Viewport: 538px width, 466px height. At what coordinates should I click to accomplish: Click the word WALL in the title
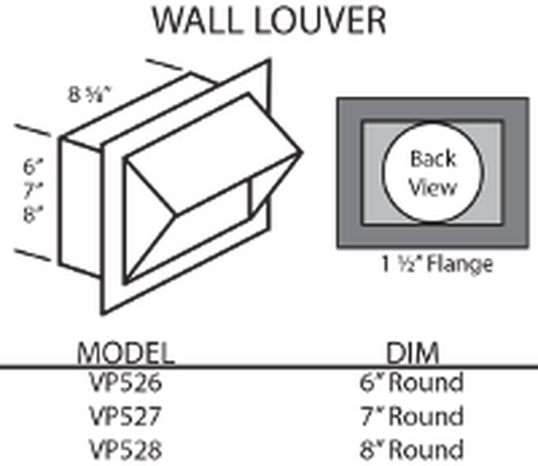(x=196, y=21)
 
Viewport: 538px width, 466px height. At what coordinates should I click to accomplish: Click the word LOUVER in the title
(x=320, y=21)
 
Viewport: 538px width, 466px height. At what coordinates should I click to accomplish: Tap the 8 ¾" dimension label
(x=90, y=95)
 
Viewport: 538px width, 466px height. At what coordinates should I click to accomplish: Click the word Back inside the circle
(x=433, y=158)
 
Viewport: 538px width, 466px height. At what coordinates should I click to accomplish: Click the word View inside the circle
(x=433, y=188)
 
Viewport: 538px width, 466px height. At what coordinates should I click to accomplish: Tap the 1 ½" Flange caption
(x=437, y=265)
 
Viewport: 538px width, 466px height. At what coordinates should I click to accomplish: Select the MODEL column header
(x=125, y=353)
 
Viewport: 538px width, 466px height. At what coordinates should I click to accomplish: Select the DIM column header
(x=413, y=353)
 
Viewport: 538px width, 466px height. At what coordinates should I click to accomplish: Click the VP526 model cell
(x=125, y=382)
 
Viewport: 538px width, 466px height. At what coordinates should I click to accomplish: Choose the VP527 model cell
(x=125, y=416)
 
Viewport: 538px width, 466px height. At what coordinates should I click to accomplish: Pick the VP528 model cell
(x=125, y=449)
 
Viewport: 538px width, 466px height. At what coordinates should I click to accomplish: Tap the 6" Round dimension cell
(x=412, y=382)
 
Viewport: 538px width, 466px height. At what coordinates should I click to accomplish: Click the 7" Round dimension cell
(x=412, y=415)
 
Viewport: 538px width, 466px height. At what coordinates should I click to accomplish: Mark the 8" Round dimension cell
(x=412, y=449)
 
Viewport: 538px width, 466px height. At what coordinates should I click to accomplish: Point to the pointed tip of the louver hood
(x=302, y=152)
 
